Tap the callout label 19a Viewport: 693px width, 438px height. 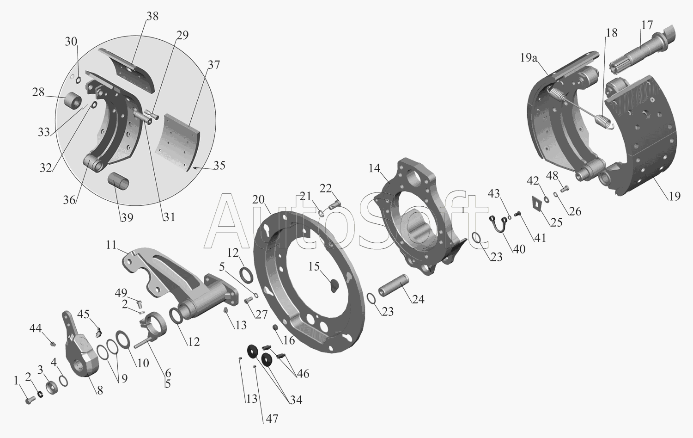pyautogui.click(x=529, y=58)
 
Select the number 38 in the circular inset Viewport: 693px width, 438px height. pyautogui.click(x=152, y=16)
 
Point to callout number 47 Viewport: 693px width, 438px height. pyautogui.click(x=272, y=419)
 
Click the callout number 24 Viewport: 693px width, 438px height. pyautogui.click(x=418, y=299)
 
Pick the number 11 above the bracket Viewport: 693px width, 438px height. pyautogui.click(x=111, y=245)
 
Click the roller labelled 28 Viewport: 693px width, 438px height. pyautogui.click(x=73, y=100)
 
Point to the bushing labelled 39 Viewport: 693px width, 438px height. pyautogui.click(x=118, y=181)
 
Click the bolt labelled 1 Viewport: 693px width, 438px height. pyautogui.click(x=30, y=401)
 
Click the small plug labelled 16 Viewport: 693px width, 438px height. pyautogui.click(x=275, y=327)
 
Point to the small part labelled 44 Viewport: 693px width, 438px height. pyautogui.click(x=53, y=344)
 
